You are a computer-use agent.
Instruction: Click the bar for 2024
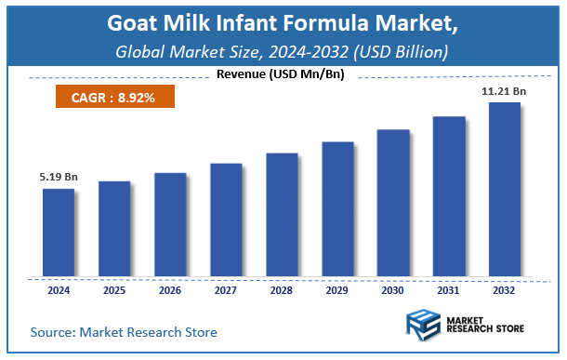[x=59, y=233]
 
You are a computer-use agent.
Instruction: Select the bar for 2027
[x=226, y=220]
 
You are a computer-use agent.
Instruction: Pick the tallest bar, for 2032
[x=505, y=190]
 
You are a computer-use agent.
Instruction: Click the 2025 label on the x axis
[x=114, y=290]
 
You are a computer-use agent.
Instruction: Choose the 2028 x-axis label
[x=282, y=290]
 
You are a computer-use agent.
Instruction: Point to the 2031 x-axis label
[x=449, y=290]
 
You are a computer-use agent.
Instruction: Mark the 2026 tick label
[x=170, y=290]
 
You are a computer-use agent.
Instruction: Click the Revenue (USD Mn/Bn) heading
[x=280, y=74]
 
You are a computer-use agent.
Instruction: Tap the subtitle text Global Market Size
[x=185, y=51]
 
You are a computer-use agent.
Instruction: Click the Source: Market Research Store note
[x=124, y=331]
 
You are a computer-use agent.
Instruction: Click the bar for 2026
[x=170, y=225]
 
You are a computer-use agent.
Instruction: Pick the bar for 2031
[x=449, y=196]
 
